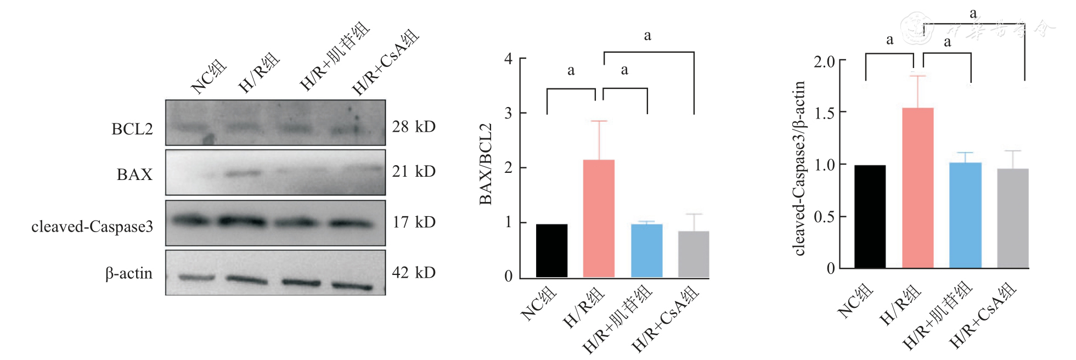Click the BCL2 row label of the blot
tap(132, 129)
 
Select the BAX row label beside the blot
tap(134, 175)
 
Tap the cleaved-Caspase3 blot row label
tap(92, 227)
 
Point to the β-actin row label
tap(128, 273)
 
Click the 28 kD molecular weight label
tap(414, 127)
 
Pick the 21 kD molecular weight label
tap(414, 172)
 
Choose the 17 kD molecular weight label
tap(414, 222)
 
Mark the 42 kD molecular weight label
tap(414, 273)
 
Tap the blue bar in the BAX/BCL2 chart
tap(646, 250)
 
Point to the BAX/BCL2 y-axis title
tap(486, 164)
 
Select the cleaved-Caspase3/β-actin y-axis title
tap(799, 168)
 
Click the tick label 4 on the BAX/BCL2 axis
tap(509, 59)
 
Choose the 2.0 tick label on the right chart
tap(824, 61)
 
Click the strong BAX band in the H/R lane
tap(242, 173)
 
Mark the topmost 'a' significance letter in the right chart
tap(973, 13)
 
